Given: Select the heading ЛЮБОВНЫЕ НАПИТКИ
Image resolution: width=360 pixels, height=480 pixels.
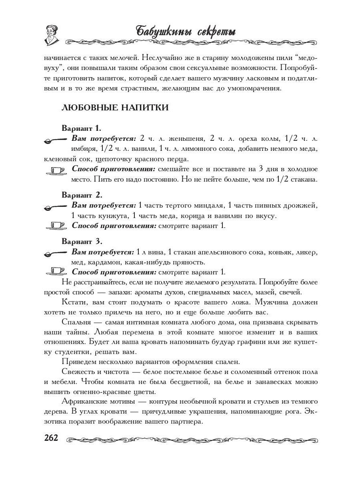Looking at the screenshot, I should (114, 108).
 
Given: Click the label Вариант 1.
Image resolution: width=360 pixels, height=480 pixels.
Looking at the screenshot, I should (82, 128).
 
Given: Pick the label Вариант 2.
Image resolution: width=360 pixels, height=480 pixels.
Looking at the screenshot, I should (82, 195).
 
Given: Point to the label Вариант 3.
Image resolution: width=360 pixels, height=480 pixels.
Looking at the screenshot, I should (82, 242).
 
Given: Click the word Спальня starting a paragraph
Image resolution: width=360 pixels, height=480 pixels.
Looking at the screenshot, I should (76, 322).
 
